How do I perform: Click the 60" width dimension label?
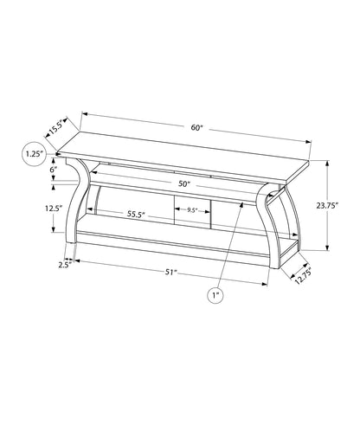tap(197, 128)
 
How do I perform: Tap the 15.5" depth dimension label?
tap(58, 127)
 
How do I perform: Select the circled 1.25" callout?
tap(35, 155)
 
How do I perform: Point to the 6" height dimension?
tap(53, 171)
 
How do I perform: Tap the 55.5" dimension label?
tap(111, 213)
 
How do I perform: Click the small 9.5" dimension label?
tap(192, 210)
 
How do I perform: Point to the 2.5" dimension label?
tap(64, 264)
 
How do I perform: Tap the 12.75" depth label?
tap(301, 274)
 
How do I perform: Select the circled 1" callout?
tap(215, 295)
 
